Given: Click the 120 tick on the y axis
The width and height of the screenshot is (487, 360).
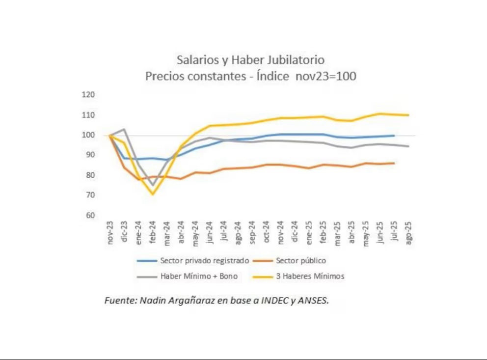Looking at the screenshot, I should pyautogui.click(x=89, y=95).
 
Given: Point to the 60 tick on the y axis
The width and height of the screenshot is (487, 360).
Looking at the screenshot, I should pyautogui.click(x=89, y=216).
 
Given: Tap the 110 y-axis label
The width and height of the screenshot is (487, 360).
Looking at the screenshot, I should pyautogui.click(x=89, y=115).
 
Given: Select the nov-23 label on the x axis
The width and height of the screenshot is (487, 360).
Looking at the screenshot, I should pyautogui.click(x=110, y=232).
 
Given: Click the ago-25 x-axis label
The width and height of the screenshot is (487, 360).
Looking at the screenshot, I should pyautogui.click(x=408, y=231).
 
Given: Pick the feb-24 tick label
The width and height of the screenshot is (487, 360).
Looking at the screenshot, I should pyautogui.click(x=153, y=232).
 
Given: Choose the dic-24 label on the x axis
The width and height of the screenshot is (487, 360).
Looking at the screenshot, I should pyautogui.click(x=295, y=232).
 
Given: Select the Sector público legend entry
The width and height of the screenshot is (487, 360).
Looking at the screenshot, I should pyautogui.click(x=301, y=260).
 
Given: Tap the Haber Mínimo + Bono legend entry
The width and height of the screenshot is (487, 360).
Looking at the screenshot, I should pyautogui.click(x=199, y=276).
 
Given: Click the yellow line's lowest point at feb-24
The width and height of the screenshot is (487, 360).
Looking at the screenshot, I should pyautogui.click(x=153, y=194).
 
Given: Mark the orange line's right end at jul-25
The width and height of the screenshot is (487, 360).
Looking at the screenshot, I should pyautogui.click(x=394, y=163).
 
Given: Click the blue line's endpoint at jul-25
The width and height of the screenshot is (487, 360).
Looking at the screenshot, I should pyautogui.click(x=394, y=136).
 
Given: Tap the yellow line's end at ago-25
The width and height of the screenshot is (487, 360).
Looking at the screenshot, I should pyautogui.click(x=408, y=115).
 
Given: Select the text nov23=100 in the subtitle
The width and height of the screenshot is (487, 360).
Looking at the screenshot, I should pyautogui.click(x=326, y=77).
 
